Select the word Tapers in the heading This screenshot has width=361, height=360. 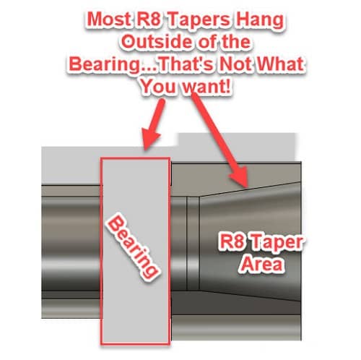199,20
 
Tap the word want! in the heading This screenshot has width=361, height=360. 207,87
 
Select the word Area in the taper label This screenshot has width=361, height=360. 262,263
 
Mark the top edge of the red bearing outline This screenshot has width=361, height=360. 135,158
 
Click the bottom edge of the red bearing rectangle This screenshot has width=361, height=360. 135,344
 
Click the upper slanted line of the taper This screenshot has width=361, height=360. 250,189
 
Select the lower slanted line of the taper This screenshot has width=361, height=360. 250,296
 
